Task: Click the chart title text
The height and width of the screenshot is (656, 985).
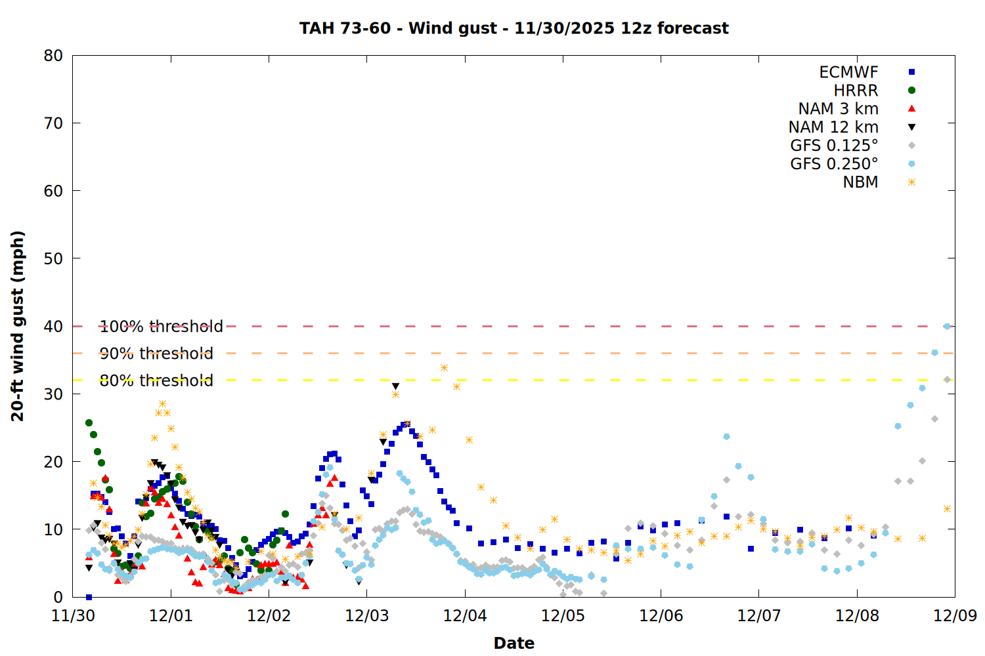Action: pyautogui.click(x=514, y=28)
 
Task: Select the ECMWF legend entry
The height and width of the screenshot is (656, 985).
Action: pyautogui.click(x=848, y=72)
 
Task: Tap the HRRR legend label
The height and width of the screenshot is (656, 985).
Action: pyautogui.click(x=856, y=91)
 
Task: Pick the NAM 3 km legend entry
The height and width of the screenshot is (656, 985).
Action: pyautogui.click(x=838, y=109)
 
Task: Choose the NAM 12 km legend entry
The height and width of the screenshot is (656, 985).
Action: pyautogui.click(x=833, y=127)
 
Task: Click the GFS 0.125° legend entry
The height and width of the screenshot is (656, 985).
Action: pyautogui.click(x=834, y=146)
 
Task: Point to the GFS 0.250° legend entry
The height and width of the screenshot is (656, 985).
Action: pyautogui.click(x=834, y=164)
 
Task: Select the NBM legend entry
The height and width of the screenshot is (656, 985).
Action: pyautogui.click(x=860, y=182)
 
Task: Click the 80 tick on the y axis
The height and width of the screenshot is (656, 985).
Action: pyautogui.click(x=53, y=56)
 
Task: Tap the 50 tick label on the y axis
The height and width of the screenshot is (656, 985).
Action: pyautogui.click(x=53, y=258)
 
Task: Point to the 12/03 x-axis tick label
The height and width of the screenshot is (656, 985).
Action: pyautogui.click(x=366, y=616)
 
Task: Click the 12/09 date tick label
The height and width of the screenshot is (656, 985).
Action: pyautogui.click(x=955, y=616)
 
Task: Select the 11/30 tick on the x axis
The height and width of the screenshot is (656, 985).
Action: pyautogui.click(x=72, y=616)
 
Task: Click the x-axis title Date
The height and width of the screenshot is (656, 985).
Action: pyautogui.click(x=514, y=643)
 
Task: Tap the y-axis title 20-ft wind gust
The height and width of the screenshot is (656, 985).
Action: pyautogui.click(x=18, y=326)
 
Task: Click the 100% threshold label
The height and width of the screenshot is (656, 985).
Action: pyautogui.click(x=161, y=327)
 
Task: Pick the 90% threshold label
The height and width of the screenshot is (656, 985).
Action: pyautogui.click(x=156, y=354)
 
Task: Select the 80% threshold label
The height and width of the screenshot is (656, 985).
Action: pyautogui.click(x=156, y=380)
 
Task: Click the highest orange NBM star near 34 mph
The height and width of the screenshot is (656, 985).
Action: pyautogui.click(x=444, y=368)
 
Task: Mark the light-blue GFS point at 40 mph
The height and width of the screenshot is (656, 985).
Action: pyautogui.click(x=947, y=326)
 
